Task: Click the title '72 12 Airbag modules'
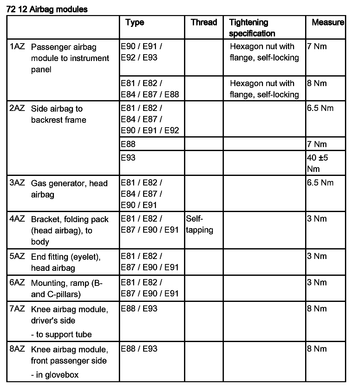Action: [47, 9]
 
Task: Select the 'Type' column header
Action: [135, 22]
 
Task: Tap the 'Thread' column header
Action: [204, 22]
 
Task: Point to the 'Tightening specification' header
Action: [252, 28]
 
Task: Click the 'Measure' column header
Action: [328, 22]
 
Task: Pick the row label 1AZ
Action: [17, 46]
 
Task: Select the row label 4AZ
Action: [17, 219]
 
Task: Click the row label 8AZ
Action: [17, 349]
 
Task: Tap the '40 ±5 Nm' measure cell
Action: [317, 163]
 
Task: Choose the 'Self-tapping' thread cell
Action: [200, 224]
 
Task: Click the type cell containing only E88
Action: [128, 144]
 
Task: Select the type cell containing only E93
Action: [128, 158]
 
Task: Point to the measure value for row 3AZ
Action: [320, 183]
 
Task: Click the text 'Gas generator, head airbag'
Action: [69, 189]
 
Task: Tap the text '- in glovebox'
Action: [55, 375]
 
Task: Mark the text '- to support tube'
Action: [61, 334]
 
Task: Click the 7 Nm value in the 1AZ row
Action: [317, 46]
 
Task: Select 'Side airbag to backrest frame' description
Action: [58, 114]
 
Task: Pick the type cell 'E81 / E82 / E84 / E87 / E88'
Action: [150, 89]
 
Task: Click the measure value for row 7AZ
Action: [317, 308]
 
